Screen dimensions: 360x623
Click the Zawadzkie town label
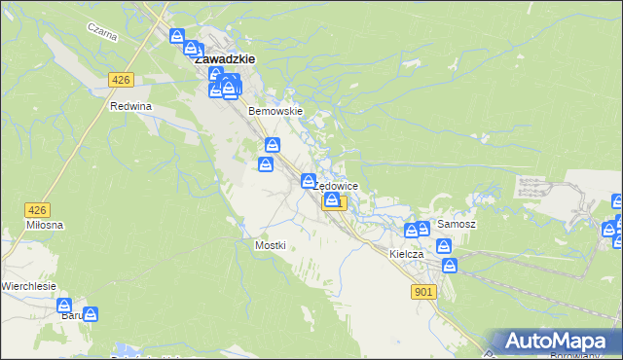coord(225,58)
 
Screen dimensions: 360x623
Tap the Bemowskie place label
coord(276,111)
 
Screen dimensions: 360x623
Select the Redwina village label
coord(132,106)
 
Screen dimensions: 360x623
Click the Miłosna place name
coord(45,225)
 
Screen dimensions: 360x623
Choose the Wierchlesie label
coord(29,286)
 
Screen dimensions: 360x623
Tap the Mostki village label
coord(270,245)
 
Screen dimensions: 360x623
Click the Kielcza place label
coord(406,254)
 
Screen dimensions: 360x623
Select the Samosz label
coord(456,224)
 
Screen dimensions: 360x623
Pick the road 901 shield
coord(423,291)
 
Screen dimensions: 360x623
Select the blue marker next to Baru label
coord(91,314)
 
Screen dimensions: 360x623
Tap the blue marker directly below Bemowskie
coord(273,146)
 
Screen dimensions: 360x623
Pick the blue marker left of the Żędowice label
coord(309,181)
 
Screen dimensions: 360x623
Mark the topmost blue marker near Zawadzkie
coord(177,37)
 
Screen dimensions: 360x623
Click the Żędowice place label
coord(339,186)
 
